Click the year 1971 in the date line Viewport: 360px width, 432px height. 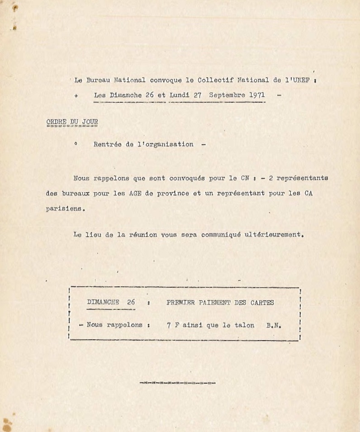pos(256,95)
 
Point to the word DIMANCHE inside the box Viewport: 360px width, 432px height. pos(103,302)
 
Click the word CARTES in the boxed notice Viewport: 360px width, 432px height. pos(262,302)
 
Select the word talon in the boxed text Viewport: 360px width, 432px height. pos(244,325)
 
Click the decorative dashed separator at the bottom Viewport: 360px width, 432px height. pos(178,383)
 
